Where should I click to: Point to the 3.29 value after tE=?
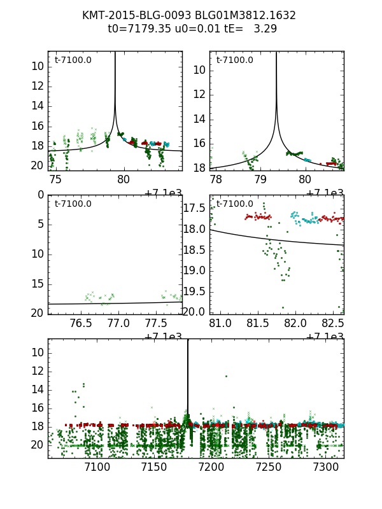coord(266,29)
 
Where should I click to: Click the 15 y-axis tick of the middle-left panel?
coord(38,283)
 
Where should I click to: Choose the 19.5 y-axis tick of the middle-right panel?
coord(195,291)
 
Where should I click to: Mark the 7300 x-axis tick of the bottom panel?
coord(326,468)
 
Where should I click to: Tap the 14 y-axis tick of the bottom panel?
coord(38,389)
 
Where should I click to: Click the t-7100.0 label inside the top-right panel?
coord(234,60)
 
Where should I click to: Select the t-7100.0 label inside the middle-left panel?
coord(73,204)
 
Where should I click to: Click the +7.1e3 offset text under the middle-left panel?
coord(163,337)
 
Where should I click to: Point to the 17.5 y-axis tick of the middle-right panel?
coord(195,208)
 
